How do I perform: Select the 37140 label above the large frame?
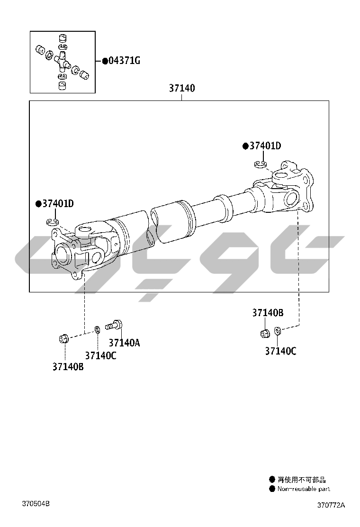(182, 88)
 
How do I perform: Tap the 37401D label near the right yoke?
(265, 146)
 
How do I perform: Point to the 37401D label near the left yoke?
(58, 204)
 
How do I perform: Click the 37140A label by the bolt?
(124, 343)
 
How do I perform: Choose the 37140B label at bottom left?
(68, 367)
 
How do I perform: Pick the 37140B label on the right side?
(268, 313)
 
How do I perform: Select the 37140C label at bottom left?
(100, 355)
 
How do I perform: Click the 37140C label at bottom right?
(281, 351)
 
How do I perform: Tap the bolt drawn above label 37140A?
(114, 325)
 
